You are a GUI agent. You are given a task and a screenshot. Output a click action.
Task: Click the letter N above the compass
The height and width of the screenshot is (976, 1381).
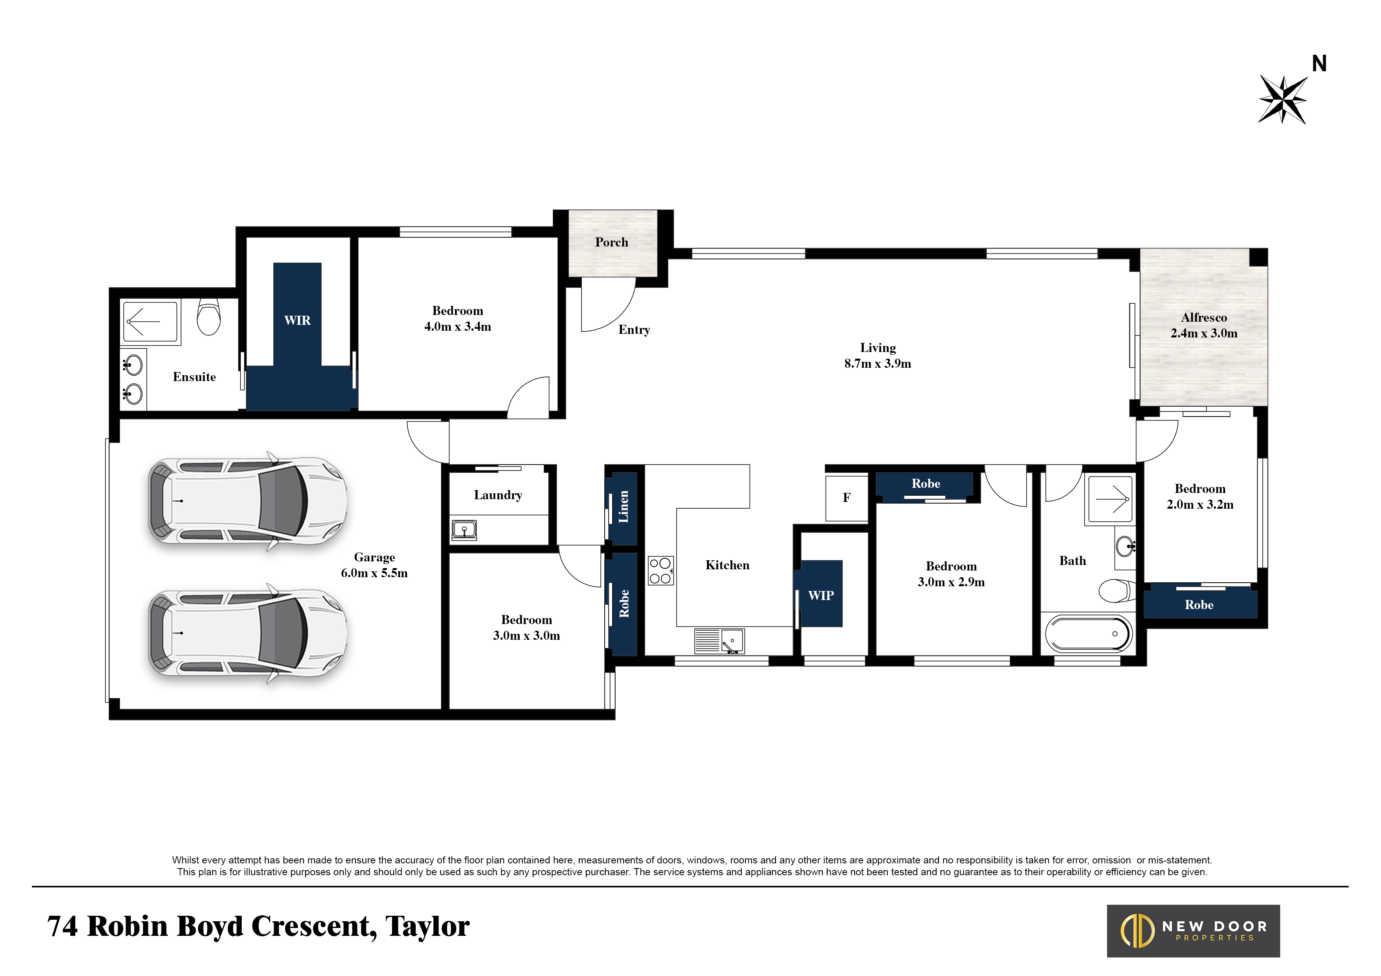1319,63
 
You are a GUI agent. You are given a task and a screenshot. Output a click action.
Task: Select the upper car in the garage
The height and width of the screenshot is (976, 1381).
248,501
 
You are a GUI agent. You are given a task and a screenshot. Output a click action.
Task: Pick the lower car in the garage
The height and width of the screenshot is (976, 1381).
248,633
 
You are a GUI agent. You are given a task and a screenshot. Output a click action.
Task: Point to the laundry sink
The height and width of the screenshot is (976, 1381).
465,530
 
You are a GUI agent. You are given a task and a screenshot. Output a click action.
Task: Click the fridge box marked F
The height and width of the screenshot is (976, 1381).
846,498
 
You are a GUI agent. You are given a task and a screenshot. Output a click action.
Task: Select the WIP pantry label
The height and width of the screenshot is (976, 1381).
821,595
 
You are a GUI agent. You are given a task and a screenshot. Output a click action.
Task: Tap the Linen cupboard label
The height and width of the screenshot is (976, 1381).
624,507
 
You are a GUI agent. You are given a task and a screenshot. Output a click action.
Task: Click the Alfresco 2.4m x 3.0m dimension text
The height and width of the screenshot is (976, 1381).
1204,333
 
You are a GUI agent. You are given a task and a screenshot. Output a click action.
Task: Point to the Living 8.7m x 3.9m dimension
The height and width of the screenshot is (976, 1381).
877,363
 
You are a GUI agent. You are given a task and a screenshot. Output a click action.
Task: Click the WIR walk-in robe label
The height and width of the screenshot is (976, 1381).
298,320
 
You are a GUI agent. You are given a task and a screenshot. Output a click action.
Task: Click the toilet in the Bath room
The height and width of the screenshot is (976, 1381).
1116,591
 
